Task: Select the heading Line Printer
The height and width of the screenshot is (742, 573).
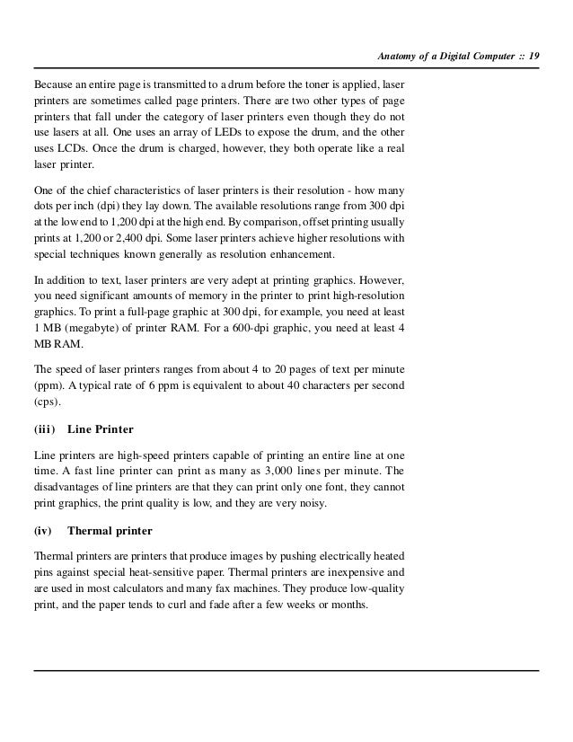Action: [x=101, y=428]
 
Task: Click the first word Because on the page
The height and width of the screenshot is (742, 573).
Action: [x=53, y=83]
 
